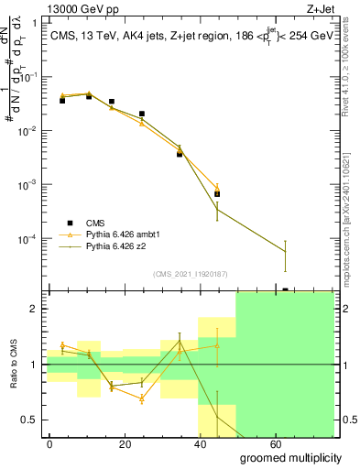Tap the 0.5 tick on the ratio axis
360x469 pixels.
click(x=30, y=420)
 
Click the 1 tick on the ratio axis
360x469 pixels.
click(x=35, y=365)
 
